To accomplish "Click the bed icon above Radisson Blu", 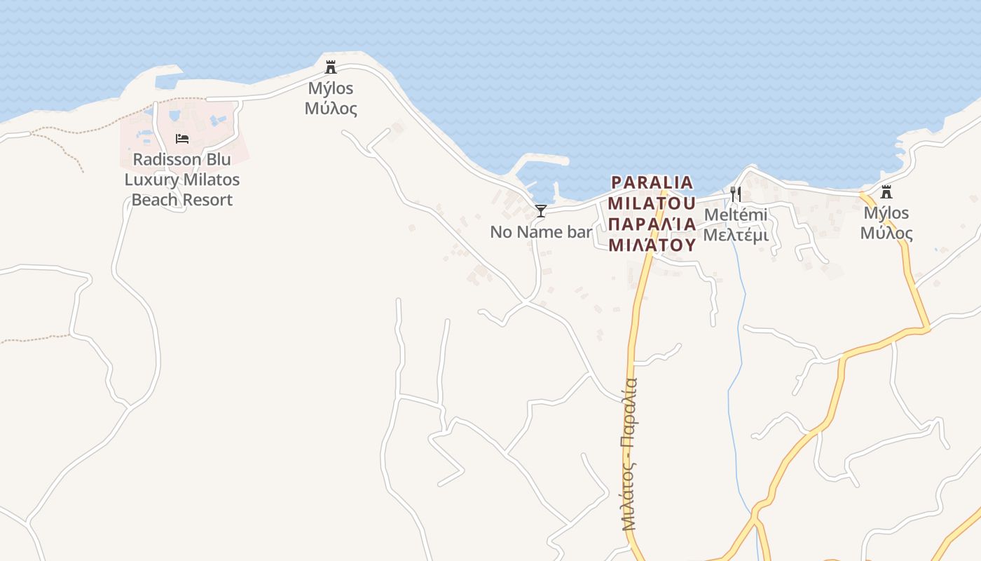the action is click(182, 138).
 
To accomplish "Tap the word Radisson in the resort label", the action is click(161, 159).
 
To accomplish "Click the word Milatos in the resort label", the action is click(210, 180).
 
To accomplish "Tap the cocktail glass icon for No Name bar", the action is click(541, 210).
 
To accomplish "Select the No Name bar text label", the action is click(541, 232).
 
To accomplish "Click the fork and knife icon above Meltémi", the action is click(736, 194).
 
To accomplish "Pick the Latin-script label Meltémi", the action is click(736, 215).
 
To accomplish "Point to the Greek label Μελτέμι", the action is click(736, 235).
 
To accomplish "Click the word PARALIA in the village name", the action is click(652, 182).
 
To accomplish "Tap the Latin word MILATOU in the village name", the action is click(652, 203).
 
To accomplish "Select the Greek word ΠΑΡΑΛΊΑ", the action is click(652, 224).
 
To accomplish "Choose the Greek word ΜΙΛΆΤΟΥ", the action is click(652, 245).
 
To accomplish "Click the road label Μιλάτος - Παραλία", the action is click(629, 454).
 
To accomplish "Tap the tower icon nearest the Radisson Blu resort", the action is click(331, 67).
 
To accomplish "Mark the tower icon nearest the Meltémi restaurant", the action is click(886, 191).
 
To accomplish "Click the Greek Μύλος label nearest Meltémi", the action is click(886, 233).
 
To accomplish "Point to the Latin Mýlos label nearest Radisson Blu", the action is click(331, 88).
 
